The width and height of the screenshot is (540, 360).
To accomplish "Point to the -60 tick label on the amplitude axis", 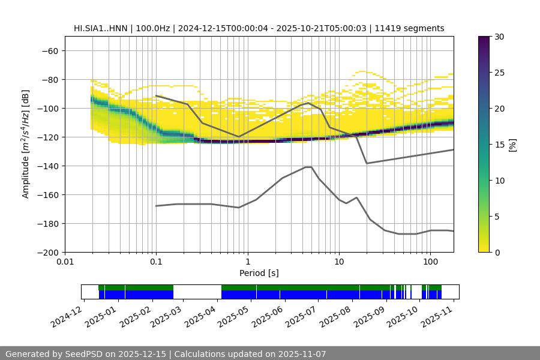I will pyautogui.click(x=49, y=50).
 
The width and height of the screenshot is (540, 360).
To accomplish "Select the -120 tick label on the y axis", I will pyautogui.click(x=47, y=137).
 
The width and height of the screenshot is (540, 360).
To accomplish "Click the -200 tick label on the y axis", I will pyautogui.click(x=47, y=252).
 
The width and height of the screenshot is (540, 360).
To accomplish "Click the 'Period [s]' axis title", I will pyautogui.click(x=259, y=273).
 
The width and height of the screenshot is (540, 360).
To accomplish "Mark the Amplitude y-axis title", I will pyautogui.click(x=26, y=144).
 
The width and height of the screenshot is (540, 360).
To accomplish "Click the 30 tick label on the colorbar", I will pyautogui.click(x=499, y=37).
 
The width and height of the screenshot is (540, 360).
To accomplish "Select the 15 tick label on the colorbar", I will pyautogui.click(x=499, y=145).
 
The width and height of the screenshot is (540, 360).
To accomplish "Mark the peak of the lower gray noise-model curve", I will pyautogui.click(x=308, y=167).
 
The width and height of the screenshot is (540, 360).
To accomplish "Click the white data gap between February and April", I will pyautogui.click(x=197, y=292).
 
